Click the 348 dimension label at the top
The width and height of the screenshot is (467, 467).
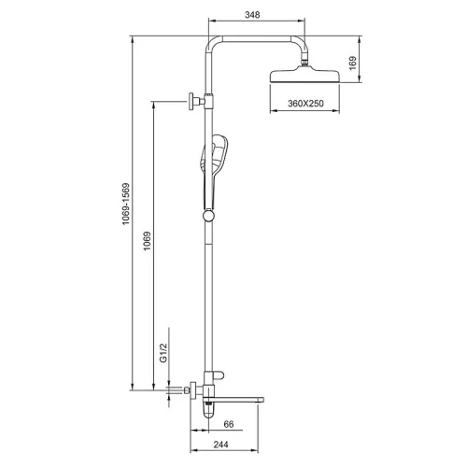coord(252,15)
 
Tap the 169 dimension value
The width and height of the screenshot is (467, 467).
coord(352,63)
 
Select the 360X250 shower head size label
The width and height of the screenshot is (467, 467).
coord(305,103)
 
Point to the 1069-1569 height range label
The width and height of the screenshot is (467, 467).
coord(126,204)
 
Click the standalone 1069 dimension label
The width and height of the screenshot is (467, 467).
coord(147,241)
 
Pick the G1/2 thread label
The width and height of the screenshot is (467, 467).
coord(163,353)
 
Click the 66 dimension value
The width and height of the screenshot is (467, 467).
coord(229,424)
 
